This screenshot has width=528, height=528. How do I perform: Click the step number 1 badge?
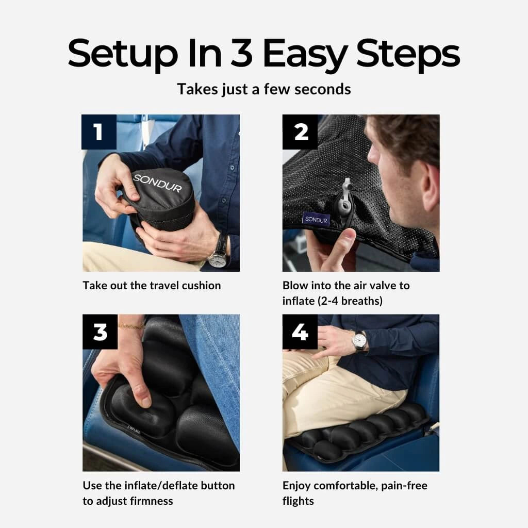(x=99, y=132)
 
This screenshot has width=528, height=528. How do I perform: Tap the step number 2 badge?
(x=300, y=132)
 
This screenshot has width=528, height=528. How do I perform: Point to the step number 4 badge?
(x=300, y=332)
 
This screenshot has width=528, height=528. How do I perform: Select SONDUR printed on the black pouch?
(x=158, y=183)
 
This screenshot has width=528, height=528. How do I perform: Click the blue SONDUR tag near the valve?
(x=316, y=219)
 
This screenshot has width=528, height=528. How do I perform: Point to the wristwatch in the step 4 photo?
(x=359, y=340)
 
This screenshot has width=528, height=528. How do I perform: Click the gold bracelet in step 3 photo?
(x=131, y=326)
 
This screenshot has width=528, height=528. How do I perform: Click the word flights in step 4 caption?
(x=298, y=501)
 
